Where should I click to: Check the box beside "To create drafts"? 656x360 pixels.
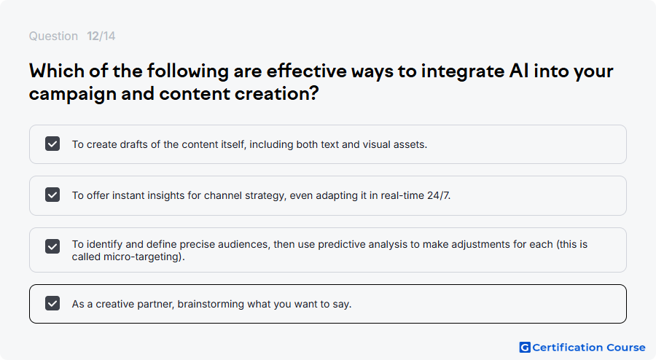(52, 144)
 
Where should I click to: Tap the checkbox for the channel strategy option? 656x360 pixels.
(52, 195)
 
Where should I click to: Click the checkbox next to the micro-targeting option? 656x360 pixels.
(52, 246)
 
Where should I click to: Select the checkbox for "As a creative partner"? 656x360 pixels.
(52, 304)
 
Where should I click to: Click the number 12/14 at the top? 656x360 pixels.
(101, 36)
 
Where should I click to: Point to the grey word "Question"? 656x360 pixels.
(53, 36)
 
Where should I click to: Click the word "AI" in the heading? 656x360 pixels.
(519, 71)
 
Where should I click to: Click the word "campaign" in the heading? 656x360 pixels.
(73, 95)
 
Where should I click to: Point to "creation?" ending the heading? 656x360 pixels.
(276, 94)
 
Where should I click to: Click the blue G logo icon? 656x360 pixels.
(525, 348)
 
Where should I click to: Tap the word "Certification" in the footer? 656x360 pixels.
(568, 348)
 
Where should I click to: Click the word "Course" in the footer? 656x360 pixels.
(626, 348)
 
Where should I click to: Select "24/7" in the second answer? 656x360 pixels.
(439, 195)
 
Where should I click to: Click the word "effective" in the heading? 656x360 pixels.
(306, 71)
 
